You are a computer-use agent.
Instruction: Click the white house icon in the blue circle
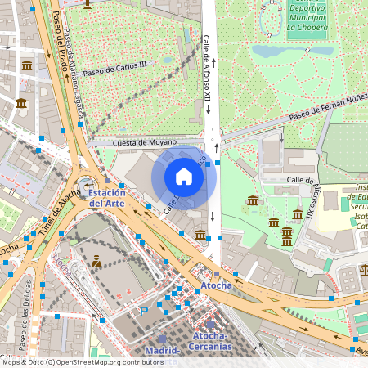tap(184, 176)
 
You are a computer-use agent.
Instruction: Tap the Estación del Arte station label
tap(107, 197)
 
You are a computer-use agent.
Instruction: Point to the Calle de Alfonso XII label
tap(207, 69)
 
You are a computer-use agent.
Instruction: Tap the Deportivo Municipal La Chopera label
tap(307, 17)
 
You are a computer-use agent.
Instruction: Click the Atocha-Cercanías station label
tap(212, 341)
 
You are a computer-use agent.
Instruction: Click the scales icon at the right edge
tap(365, 270)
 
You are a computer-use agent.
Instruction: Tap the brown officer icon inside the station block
tap(96, 261)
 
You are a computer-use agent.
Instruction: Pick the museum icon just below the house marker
tap(200, 236)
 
